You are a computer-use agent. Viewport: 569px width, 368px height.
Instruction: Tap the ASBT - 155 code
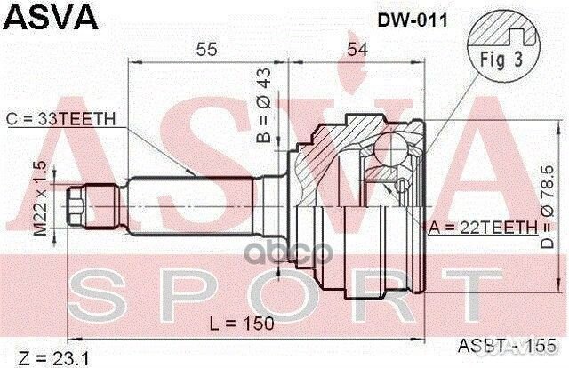coord(502,346)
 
